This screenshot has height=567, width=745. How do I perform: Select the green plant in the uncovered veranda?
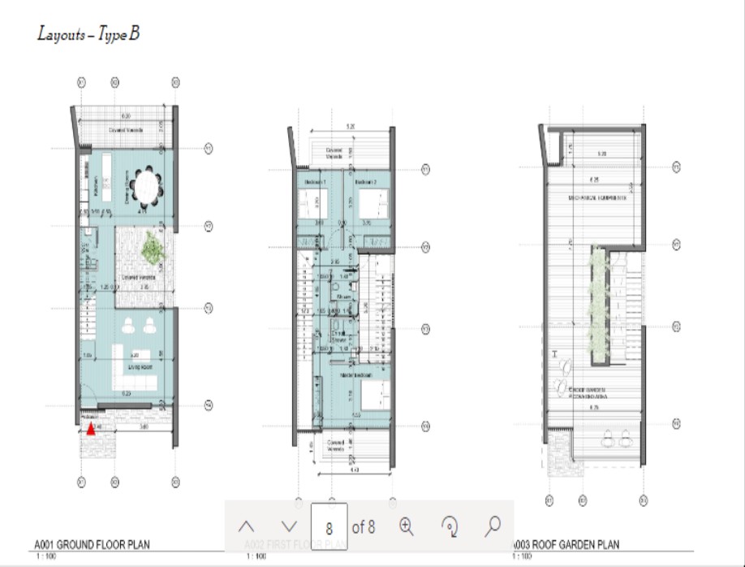click(x=151, y=248)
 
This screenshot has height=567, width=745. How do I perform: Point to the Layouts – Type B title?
click(x=89, y=35)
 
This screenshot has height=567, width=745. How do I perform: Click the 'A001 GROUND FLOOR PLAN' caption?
click(x=92, y=544)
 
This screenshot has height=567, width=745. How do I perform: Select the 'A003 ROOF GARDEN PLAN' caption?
click(x=566, y=544)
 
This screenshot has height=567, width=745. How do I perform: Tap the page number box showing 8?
click(x=329, y=527)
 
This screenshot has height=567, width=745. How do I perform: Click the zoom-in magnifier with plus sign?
click(x=407, y=526)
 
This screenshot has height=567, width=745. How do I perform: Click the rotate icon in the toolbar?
click(x=450, y=526)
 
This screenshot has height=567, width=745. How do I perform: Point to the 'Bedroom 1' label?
click(x=315, y=182)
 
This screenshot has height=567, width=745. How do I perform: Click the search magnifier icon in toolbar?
click(x=492, y=526)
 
